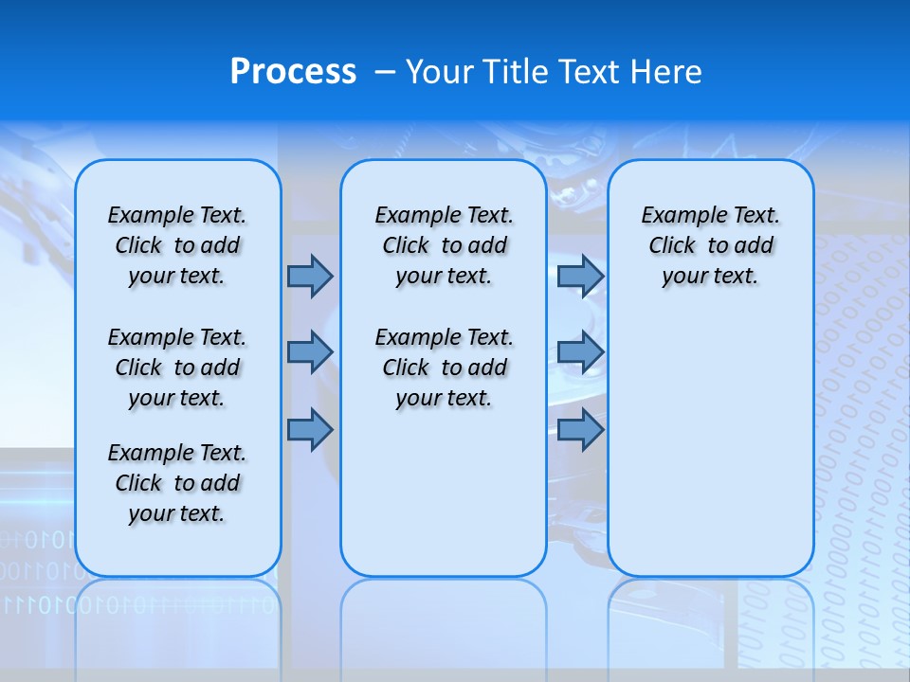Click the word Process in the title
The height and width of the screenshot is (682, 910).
coord(293,72)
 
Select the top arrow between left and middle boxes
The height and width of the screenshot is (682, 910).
coord(310,276)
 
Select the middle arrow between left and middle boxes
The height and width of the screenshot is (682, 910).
coord(310,352)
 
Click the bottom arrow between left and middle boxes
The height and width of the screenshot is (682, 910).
coord(310,430)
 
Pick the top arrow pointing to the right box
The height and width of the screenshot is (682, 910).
coord(580,276)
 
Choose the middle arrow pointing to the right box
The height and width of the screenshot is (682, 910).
coord(580,352)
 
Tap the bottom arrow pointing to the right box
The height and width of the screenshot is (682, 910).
coord(580,430)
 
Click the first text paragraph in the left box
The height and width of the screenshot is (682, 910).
coord(177,245)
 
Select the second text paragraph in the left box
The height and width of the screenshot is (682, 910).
coord(177,368)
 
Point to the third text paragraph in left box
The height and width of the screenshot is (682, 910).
coord(177,483)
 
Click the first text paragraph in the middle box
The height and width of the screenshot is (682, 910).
coord(444,245)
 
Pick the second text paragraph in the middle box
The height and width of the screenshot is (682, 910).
coord(444,368)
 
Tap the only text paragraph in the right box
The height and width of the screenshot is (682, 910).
coord(710,245)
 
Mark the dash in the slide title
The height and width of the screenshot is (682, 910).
coord(385,72)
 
